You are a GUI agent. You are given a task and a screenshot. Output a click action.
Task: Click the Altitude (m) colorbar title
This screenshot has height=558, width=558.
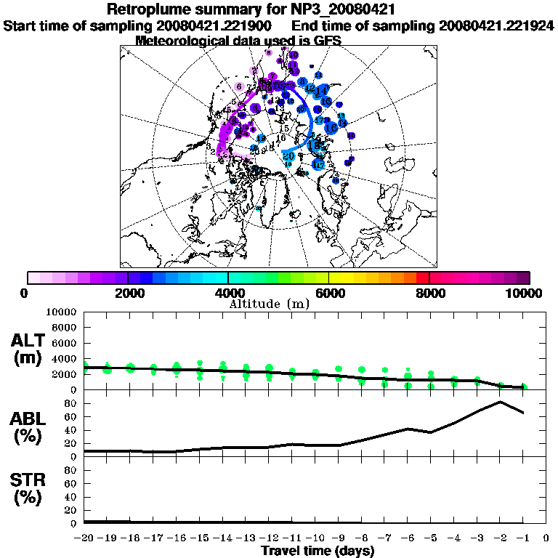point(270,303)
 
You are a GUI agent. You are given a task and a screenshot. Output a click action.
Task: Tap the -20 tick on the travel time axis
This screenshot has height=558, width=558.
point(84,538)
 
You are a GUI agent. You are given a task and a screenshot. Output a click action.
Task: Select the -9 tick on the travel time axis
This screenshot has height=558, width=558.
point(338,538)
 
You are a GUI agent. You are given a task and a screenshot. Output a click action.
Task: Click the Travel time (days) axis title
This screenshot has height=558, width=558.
point(318,551)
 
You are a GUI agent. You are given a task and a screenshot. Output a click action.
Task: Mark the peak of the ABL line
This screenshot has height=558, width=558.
point(500,401)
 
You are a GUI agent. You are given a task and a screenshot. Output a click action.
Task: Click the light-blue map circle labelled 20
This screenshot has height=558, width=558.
point(288,155)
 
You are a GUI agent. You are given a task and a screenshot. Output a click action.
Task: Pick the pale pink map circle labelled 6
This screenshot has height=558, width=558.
point(239,86)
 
